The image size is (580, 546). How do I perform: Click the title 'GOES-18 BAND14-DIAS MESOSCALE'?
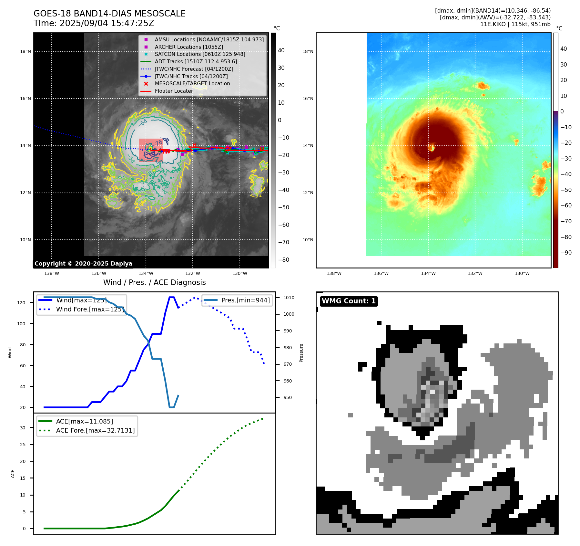click(x=109, y=14)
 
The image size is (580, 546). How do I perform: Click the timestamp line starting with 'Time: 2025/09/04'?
click(x=94, y=23)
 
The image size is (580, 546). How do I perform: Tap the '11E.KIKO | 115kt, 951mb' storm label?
click(x=515, y=24)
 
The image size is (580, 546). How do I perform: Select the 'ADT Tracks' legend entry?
click(x=196, y=61)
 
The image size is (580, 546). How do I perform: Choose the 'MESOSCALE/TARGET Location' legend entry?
click(x=192, y=83)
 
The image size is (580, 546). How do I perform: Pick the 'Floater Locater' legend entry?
click(x=174, y=91)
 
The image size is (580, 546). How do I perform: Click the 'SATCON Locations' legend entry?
click(x=200, y=54)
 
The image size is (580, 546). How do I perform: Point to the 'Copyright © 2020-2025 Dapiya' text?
click(x=83, y=264)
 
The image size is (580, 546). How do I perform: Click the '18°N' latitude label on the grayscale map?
click(x=25, y=51)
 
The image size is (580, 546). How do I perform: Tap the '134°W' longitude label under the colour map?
click(x=428, y=273)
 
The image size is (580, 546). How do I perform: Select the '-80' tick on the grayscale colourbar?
click(x=284, y=260)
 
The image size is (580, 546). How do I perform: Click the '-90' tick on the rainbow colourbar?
click(x=566, y=253)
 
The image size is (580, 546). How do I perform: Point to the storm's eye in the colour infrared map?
click(x=432, y=148)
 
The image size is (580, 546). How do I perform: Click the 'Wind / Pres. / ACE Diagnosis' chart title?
click(x=154, y=282)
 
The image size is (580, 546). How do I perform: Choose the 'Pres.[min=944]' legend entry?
click(x=245, y=300)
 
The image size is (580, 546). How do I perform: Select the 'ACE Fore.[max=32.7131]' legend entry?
click(x=95, y=430)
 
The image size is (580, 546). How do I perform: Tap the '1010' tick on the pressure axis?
click(x=289, y=298)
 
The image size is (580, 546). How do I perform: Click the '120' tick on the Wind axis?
click(x=21, y=303)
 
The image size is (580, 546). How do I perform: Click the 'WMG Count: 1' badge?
click(x=349, y=301)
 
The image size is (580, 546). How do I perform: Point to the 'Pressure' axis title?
click(x=301, y=353)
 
